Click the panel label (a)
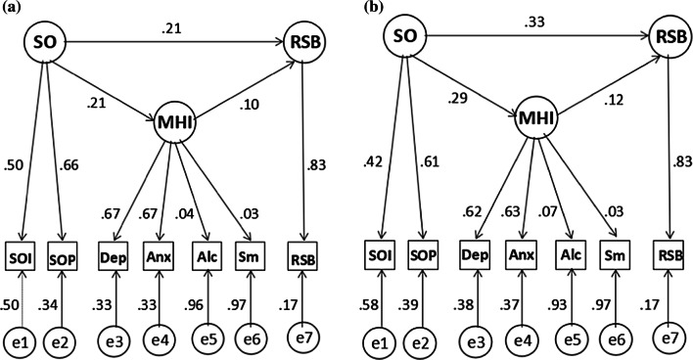12,9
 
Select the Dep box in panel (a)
111,258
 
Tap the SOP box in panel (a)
64,258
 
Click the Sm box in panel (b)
615,258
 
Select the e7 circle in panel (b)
669,337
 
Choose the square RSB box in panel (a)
303,260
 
